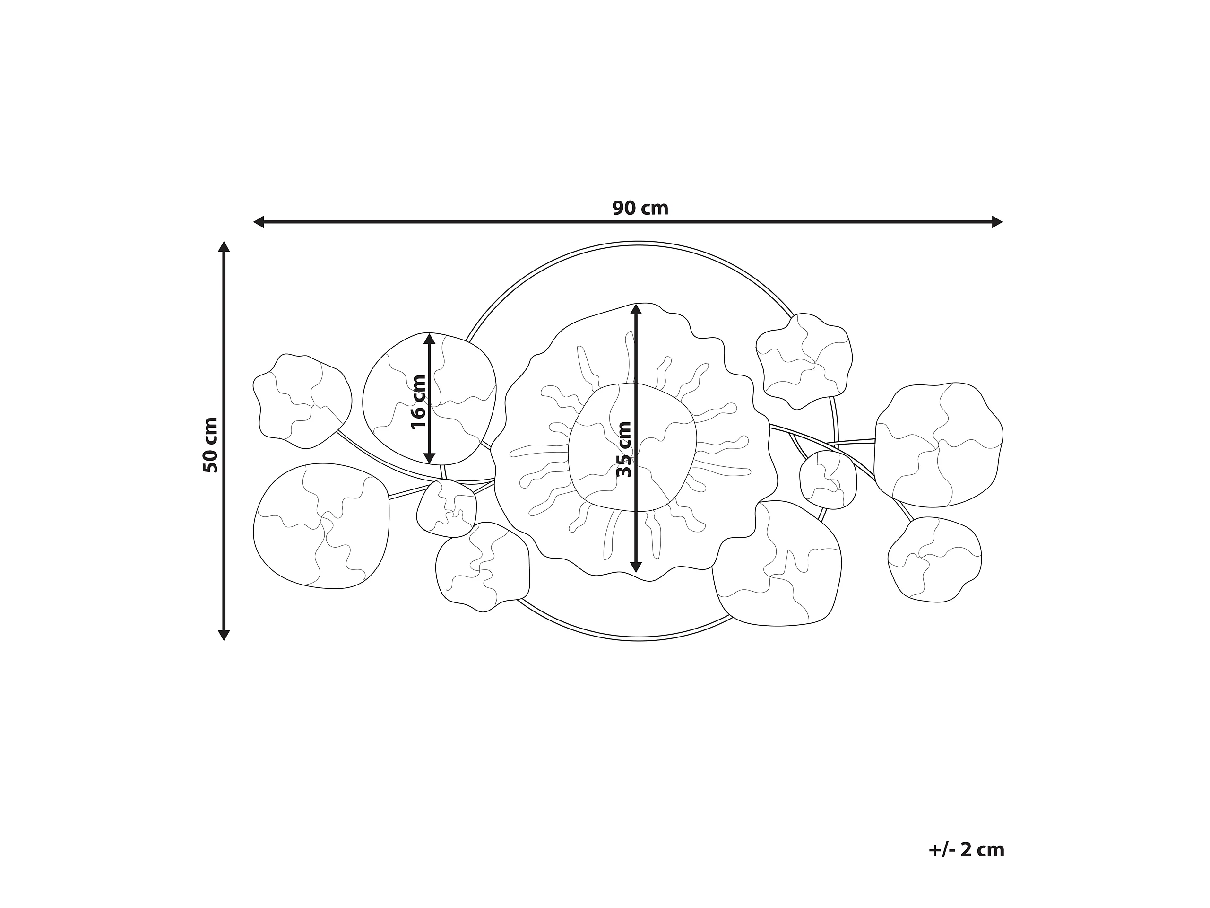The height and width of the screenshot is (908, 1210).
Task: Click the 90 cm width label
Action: [x=640, y=209]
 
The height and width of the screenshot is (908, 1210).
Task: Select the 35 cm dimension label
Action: [x=624, y=449]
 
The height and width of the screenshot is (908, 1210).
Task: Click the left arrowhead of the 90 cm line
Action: [x=258, y=222]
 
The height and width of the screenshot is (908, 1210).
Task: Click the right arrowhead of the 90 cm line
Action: [x=997, y=222]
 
